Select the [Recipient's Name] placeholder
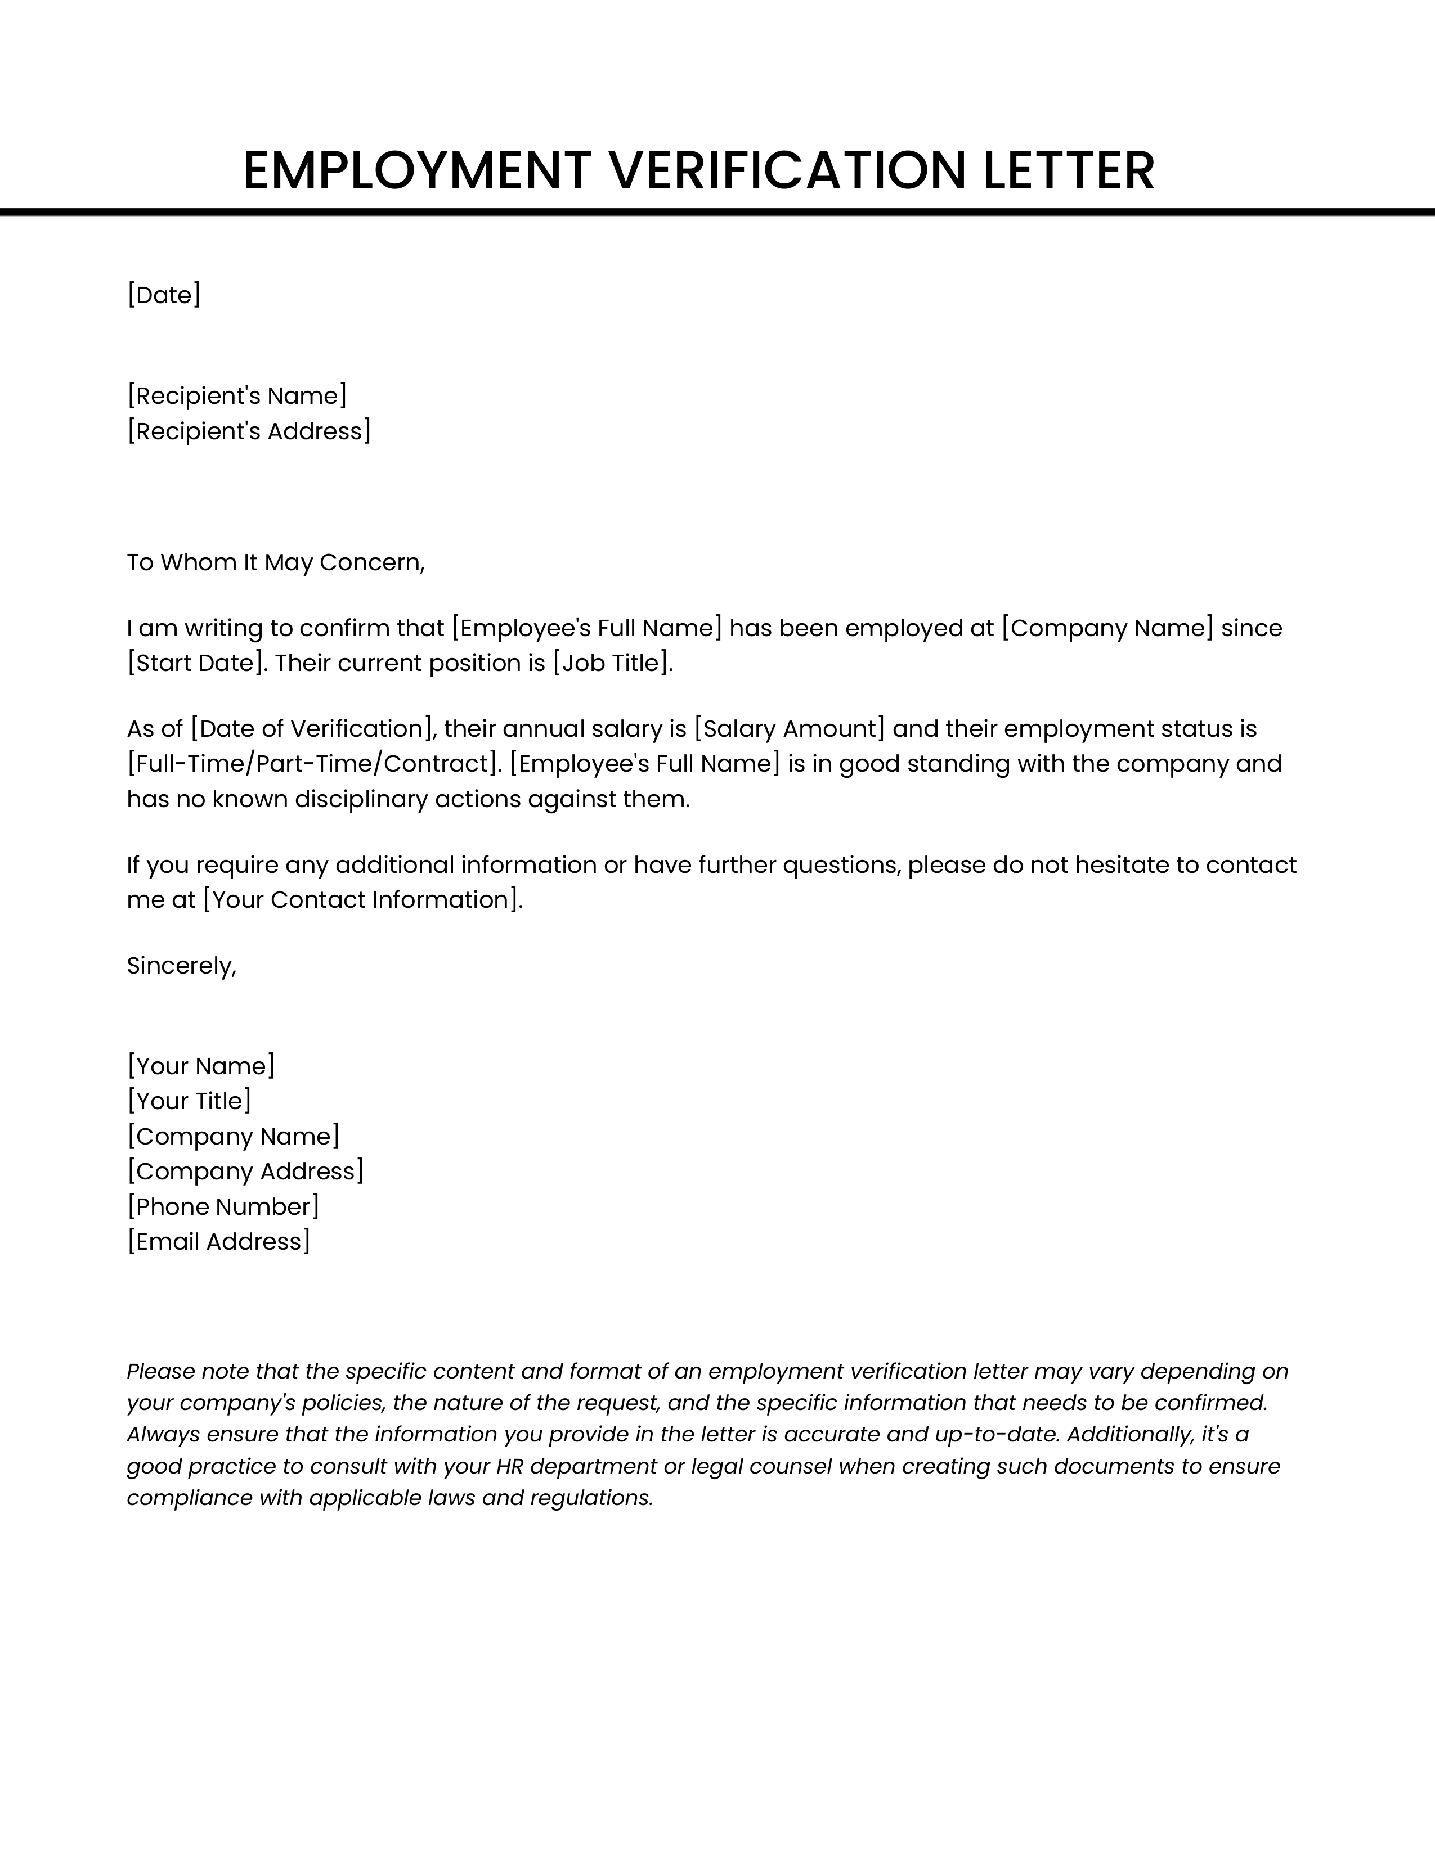pyautogui.click(x=237, y=395)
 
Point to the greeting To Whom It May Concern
pyautogui.click(x=275, y=562)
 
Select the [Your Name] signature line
pyautogui.click(x=201, y=1066)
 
